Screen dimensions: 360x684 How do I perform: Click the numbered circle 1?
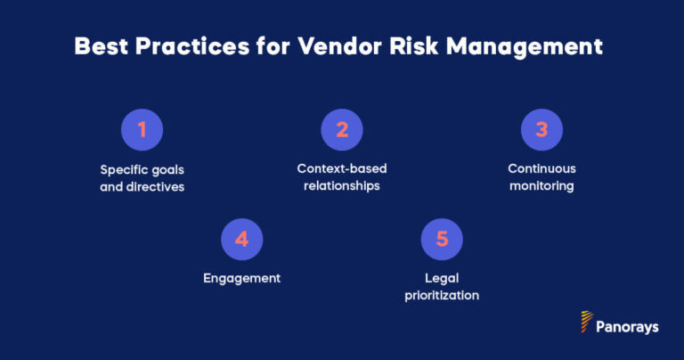142,130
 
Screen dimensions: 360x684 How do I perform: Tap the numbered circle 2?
342,130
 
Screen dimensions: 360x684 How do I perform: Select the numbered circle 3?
541,130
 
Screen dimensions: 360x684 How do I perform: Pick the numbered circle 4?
242,239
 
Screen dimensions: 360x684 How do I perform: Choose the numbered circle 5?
442,239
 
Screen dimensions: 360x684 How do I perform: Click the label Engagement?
242,278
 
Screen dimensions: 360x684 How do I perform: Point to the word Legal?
442,278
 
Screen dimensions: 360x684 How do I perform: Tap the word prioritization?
442,295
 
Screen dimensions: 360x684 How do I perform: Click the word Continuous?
541,168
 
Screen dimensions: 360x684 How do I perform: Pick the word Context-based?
342,168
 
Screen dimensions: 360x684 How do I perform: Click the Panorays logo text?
629,327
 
